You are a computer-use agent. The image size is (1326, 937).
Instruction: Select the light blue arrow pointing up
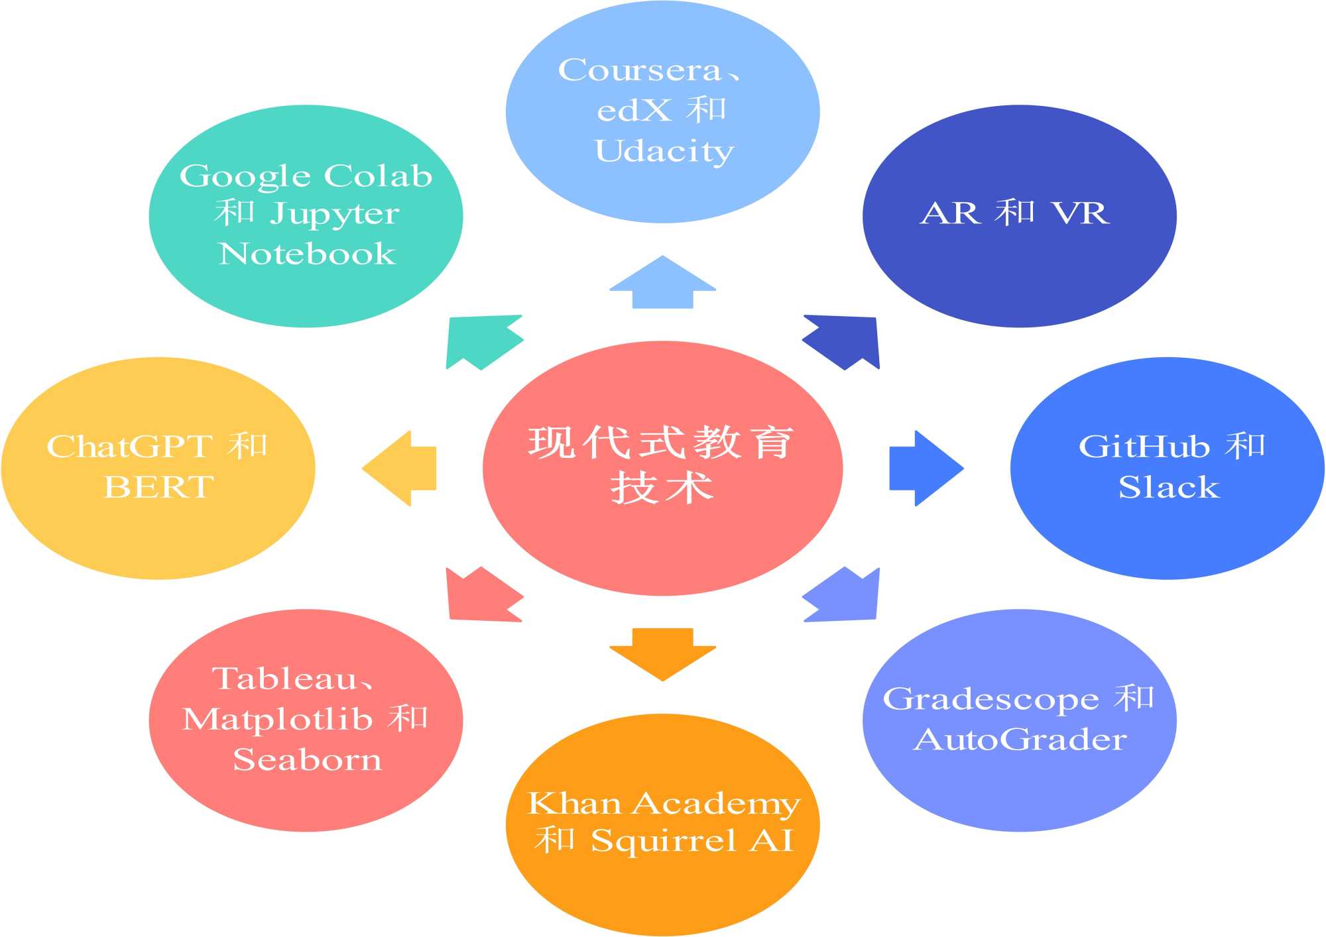(662, 283)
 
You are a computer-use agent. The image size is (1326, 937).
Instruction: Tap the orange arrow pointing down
(662, 653)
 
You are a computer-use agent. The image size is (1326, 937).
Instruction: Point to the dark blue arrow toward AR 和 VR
(843, 341)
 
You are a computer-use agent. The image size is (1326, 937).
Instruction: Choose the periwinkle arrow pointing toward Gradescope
(843, 595)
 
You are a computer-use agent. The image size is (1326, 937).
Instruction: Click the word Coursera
(640, 70)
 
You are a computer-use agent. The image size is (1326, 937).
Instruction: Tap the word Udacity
(664, 151)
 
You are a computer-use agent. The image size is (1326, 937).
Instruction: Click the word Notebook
(307, 254)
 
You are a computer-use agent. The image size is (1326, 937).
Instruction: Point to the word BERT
(159, 488)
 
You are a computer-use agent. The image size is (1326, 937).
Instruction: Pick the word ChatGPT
(130, 447)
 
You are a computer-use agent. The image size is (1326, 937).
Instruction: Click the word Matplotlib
(277, 720)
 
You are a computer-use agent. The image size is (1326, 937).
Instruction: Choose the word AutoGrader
(1020, 740)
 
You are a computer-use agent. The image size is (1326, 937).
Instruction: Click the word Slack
(1168, 488)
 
